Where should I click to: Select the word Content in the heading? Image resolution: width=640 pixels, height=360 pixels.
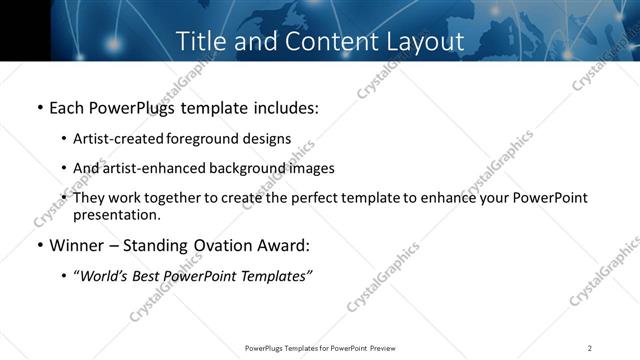tap(315, 41)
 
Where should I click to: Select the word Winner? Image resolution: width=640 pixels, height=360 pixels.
tap(77, 246)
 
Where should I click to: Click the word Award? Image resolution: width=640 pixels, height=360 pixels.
tap(288, 246)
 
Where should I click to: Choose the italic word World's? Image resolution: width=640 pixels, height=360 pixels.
tap(103, 276)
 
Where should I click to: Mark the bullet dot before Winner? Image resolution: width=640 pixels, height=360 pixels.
tap(39, 246)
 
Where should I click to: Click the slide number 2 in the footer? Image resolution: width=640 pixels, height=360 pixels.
tap(590, 348)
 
